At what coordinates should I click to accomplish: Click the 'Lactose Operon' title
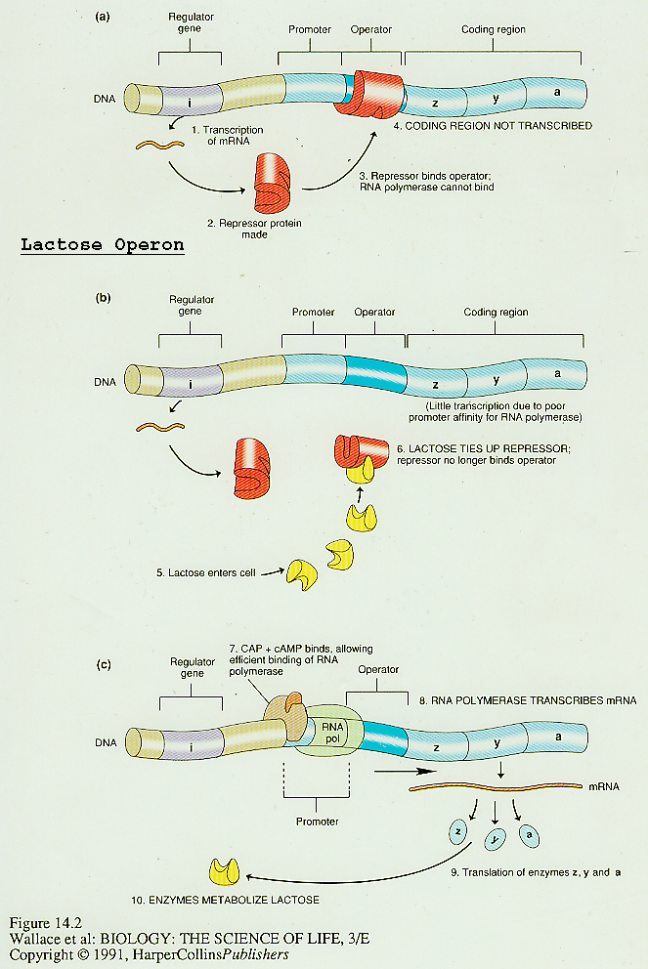(101, 245)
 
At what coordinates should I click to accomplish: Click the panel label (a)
(103, 17)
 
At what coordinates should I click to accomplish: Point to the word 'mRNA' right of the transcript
(604, 784)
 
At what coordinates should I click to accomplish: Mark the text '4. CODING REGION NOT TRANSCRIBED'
(494, 126)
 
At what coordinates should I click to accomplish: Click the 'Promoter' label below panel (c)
(317, 822)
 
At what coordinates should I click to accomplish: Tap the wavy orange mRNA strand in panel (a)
(160, 147)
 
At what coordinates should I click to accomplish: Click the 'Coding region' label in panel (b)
(495, 313)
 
